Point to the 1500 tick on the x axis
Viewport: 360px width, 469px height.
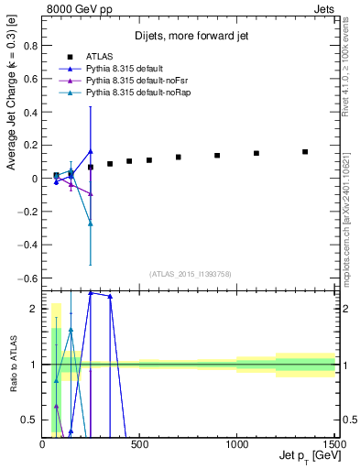[336, 444]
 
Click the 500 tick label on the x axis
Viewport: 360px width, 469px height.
[139, 444]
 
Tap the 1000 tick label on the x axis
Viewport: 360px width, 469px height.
[236, 444]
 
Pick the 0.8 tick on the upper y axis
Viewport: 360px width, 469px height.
[29, 45]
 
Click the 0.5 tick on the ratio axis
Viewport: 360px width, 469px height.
[29, 420]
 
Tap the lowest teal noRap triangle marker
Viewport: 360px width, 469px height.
[91, 223]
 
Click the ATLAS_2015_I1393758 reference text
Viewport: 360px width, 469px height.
[189, 274]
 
